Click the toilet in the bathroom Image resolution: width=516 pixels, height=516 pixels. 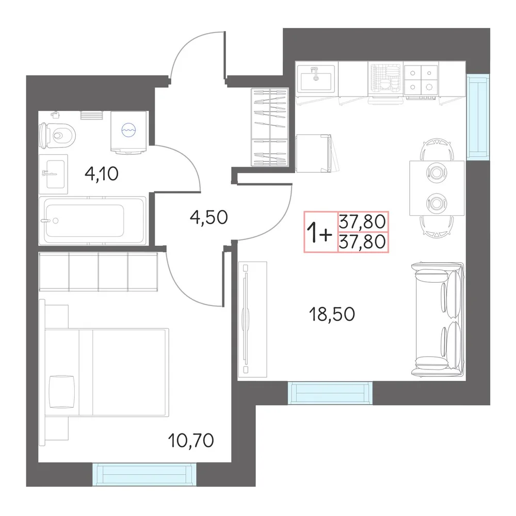[x=57, y=135]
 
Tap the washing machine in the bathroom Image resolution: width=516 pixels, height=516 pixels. [x=128, y=132]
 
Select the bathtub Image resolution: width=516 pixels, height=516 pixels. [x=92, y=221]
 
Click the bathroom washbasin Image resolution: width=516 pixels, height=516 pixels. [x=53, y=174]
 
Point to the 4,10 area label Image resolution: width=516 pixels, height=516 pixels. [x=101, y=173]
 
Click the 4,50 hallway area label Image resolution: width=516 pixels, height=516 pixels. [x=208, y=217]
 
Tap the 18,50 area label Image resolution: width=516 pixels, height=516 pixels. [x=332, y=314]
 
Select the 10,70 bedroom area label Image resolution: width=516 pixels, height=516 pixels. [x=191, y=440]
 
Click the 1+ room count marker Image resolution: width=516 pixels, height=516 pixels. [x=319, y=232]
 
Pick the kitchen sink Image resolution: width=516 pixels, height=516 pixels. [x=316, y=78]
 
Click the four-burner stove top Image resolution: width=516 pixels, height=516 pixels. [x=421, y=79]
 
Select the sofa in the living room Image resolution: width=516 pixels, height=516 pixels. [x=438, y=319]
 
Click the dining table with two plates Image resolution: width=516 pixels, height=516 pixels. [x=437, y=188]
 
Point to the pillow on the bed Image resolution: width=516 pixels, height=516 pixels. [x=61, y=392]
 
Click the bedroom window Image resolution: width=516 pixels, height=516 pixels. [x=144, y=474]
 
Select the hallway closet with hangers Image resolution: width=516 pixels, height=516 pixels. [x=270, y=127]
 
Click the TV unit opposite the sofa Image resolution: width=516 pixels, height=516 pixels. [x=252, y=319]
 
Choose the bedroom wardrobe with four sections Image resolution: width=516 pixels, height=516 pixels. [x=98, y=271]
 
